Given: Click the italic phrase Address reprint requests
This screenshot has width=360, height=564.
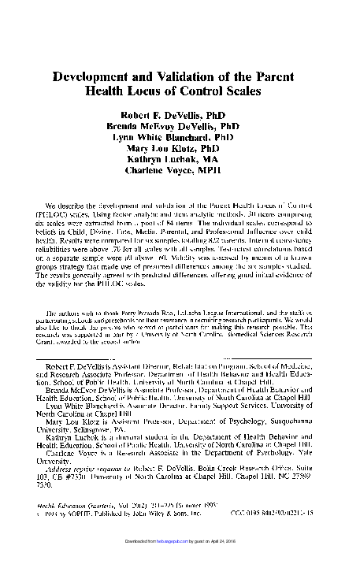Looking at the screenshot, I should coord(87,469).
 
